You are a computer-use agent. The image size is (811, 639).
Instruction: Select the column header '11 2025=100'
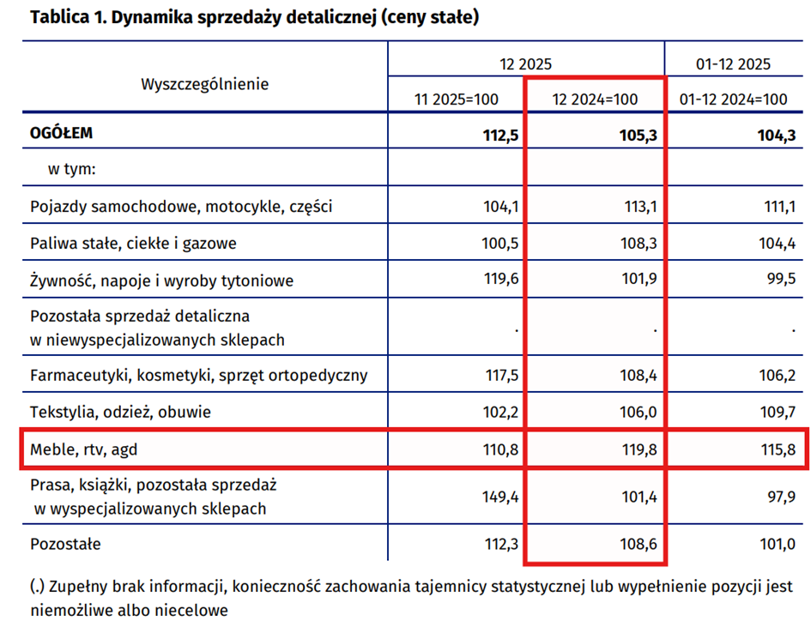coord(456,99)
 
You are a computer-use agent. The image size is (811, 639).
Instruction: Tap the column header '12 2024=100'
coord(596,99)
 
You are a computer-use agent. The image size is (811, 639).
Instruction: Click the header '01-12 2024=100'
coord(733,99)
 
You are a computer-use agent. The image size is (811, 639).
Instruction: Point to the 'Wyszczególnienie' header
coord(204,84)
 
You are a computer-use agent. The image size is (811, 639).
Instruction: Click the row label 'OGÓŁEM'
coord(61,134)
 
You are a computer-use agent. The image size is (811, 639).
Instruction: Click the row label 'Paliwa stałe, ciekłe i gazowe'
coord(133,244)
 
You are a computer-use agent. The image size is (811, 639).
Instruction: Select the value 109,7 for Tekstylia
coord(777,413)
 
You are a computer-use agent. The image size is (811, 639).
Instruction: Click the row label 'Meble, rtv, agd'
coord(82,449)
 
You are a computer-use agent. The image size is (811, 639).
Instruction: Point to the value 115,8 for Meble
coord(777,449)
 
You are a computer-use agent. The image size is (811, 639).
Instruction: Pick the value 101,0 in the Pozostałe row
coord(777,544)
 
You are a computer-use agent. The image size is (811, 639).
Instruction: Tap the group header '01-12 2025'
coord(733,63)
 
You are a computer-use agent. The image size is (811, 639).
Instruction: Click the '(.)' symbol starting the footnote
coord(37,588)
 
